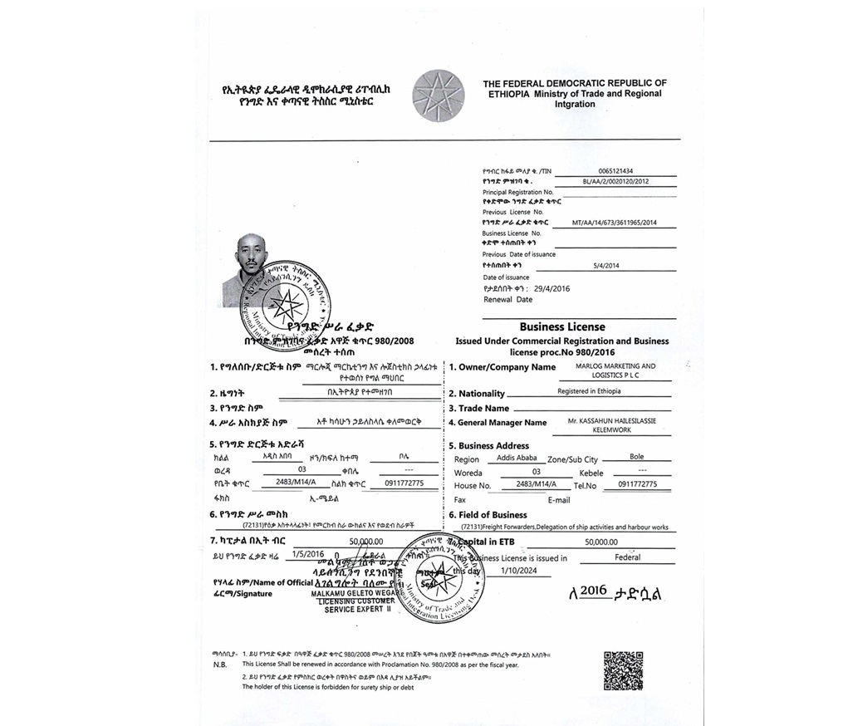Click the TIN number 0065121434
tap(615, 171)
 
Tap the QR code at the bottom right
tap(623, 670)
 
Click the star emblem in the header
tap(438, 96)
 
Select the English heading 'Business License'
tap(562, 327)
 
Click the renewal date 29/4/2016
tap(552, 288)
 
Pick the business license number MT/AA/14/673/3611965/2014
tap(615, 223)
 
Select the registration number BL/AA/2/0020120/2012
tap(615, 181)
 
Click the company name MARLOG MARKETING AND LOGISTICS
tap(615, 370)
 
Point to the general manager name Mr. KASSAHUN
tap(612, 425)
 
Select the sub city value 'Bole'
tap(636, 458)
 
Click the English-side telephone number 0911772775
tap(633, 484)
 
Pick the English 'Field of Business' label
tap(493, 515)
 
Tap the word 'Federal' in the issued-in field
tap(628, 558)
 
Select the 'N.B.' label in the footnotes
tap(219, 665)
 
